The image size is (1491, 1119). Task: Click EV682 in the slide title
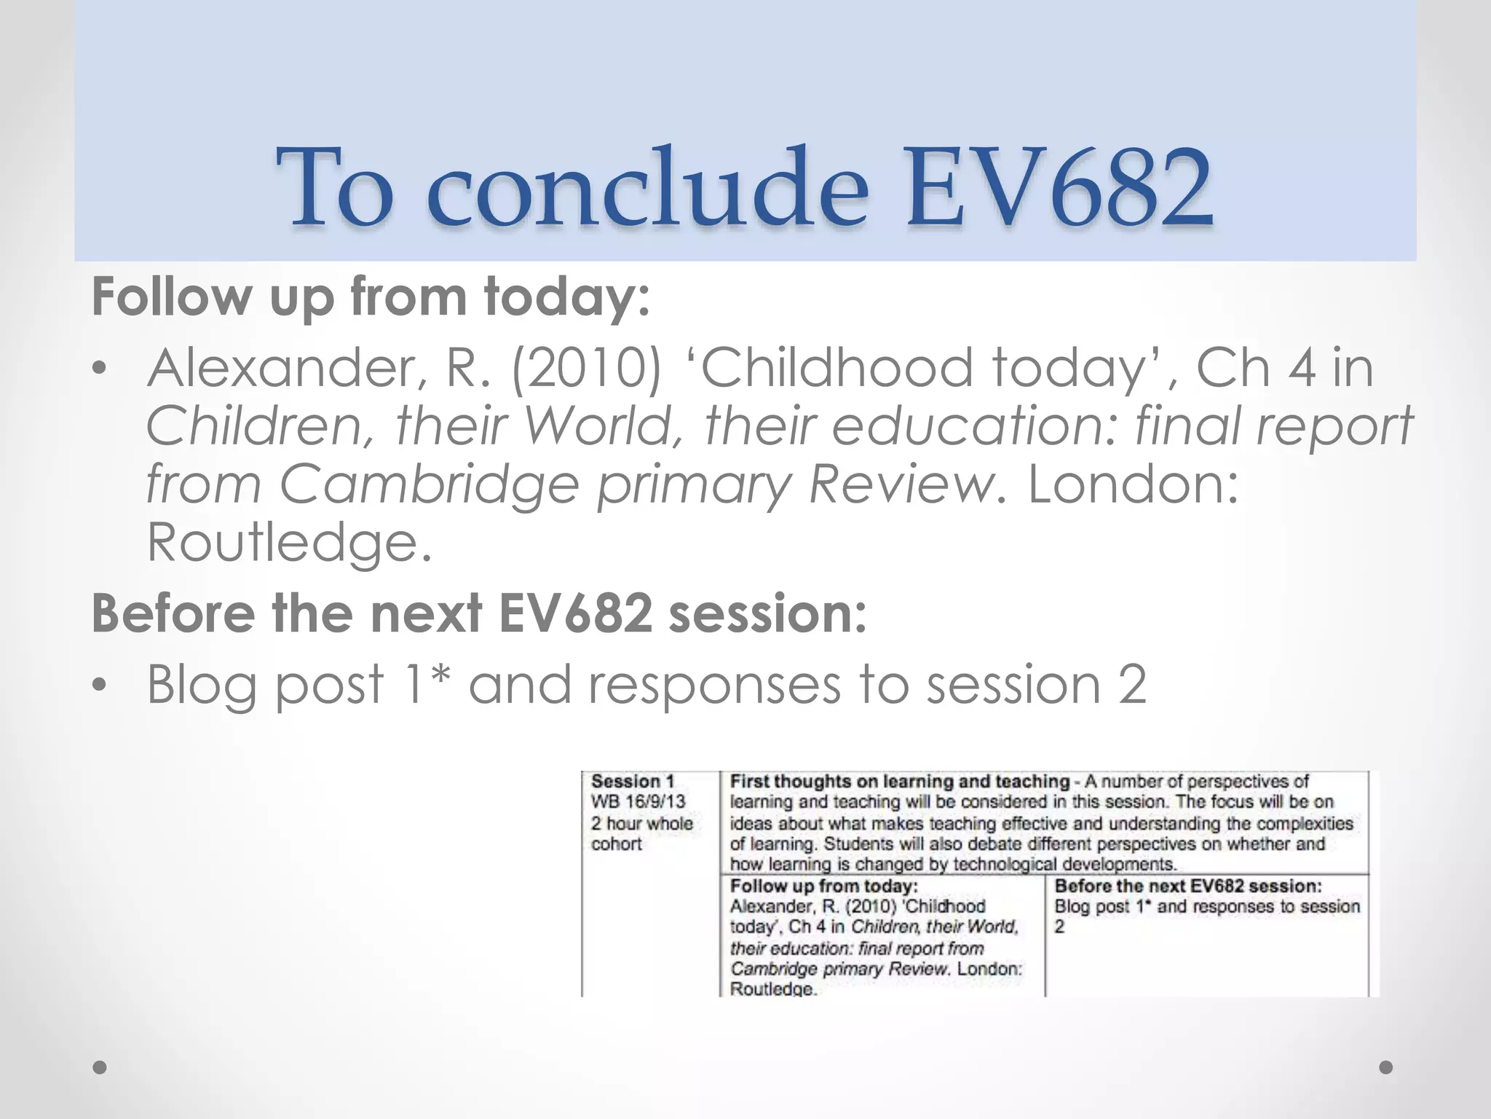tap(1059, 188)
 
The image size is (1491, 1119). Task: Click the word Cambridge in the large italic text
tap(430, 484)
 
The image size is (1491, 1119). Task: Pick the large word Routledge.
tap(289, 543)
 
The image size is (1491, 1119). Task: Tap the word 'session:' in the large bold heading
tap(768, 613)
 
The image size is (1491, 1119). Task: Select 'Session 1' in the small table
tap(632, 782)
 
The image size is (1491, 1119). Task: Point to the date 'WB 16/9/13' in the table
tap(638, 801)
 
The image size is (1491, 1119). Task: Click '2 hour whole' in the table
tap(641, 823)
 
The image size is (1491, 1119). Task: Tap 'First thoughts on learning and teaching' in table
tap(899, 782)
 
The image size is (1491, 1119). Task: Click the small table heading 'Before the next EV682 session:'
tap(1188, 886)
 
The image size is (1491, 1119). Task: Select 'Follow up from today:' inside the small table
tap(823, 886)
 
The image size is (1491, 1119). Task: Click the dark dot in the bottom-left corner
tap(100, 1067)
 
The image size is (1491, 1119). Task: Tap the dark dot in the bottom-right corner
tap(1386, 1067)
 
